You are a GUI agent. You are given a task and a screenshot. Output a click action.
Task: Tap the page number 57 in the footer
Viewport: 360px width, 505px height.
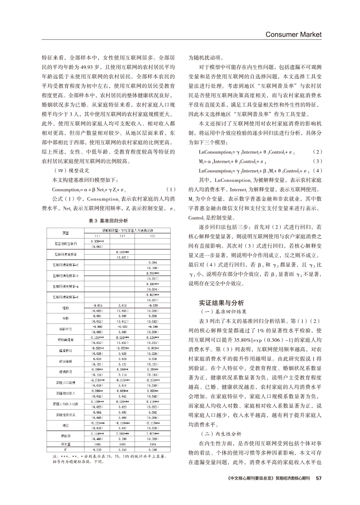[x=318, y=478]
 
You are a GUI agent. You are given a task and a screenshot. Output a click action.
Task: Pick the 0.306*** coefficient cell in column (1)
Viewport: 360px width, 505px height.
[x=97, y=241]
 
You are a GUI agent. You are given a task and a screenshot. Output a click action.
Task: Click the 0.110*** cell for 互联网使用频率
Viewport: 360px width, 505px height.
[x=122, y=252]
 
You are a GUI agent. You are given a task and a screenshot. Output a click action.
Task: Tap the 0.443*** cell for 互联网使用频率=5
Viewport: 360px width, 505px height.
[x=152, y=295]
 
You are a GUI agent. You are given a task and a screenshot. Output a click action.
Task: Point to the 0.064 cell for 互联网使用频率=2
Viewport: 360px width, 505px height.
[x=152, y=263]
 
